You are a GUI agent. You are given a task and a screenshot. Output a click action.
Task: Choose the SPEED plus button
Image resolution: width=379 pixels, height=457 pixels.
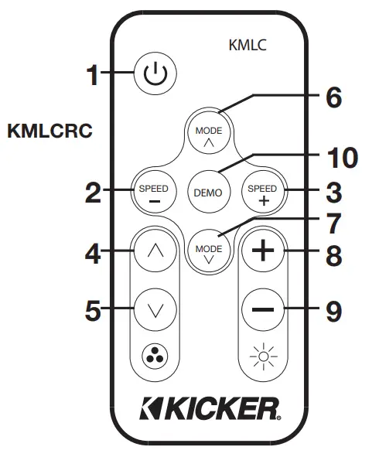point(258,192)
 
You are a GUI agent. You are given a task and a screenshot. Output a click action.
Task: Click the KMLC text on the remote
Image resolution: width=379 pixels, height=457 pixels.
point(248,45)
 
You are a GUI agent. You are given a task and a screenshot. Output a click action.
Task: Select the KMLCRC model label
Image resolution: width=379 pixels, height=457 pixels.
point(50,131)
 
